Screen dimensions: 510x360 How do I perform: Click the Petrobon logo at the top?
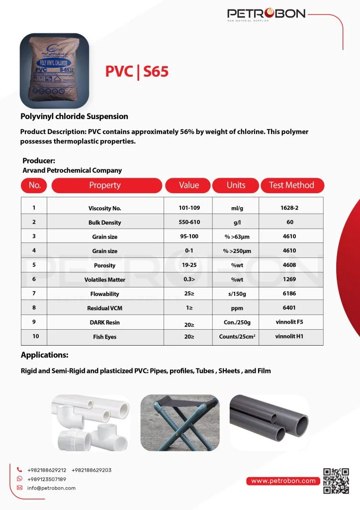pyautogui.click(x=266, y=14)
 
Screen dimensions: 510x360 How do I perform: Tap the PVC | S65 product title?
pyautogui.click(x=137, y=71)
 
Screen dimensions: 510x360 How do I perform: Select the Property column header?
pyautogui.click(x=104, y=185)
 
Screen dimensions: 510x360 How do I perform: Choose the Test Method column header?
pyautogui.click(x=292, y=185)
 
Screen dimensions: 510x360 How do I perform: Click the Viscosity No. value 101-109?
pyautogui.click(x=189, y=208)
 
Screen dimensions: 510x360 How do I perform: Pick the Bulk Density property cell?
pyautogui.click(x=104, y=223)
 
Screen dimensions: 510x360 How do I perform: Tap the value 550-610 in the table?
pyautogui.click(x=189, y=222)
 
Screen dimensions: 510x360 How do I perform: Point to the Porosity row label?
pyautogui.click(x=104, y=265)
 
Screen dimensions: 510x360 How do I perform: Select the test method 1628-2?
pyautogui.click(x=289, y=208)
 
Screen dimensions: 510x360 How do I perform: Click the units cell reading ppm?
pyautogui.click(x=237, y=308)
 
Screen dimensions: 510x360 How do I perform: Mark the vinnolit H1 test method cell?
pyautogui.click(x=289, y=337)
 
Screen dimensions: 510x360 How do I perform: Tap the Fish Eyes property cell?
pyautogui.click(x=104, y=337)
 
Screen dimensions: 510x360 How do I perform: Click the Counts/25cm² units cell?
pyautogui.click(x=237, y=337)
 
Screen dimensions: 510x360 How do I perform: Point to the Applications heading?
pyautogui.click(x=45, y=355)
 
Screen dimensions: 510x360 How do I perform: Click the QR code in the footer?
pyautogui.click(x=336, y=481)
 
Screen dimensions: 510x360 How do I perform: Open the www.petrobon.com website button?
pyautogui.click(x=283, y=481)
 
